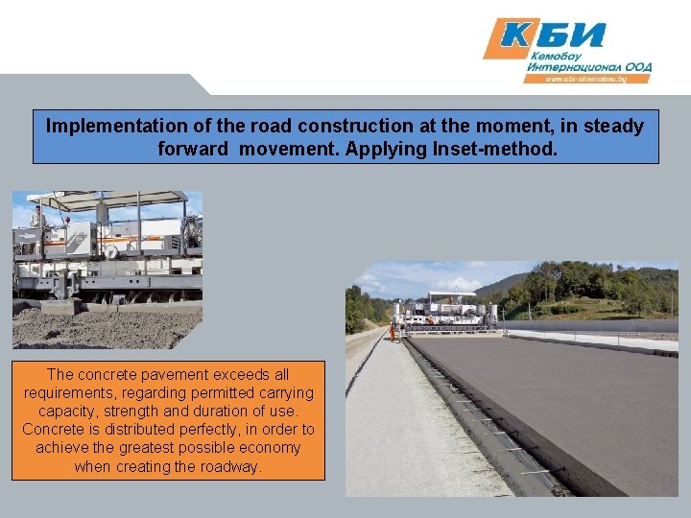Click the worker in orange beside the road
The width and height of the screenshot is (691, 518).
pyautogui.click(x=393, y=332)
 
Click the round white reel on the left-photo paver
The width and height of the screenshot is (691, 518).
pyautogui.click(x=110, y=252)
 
